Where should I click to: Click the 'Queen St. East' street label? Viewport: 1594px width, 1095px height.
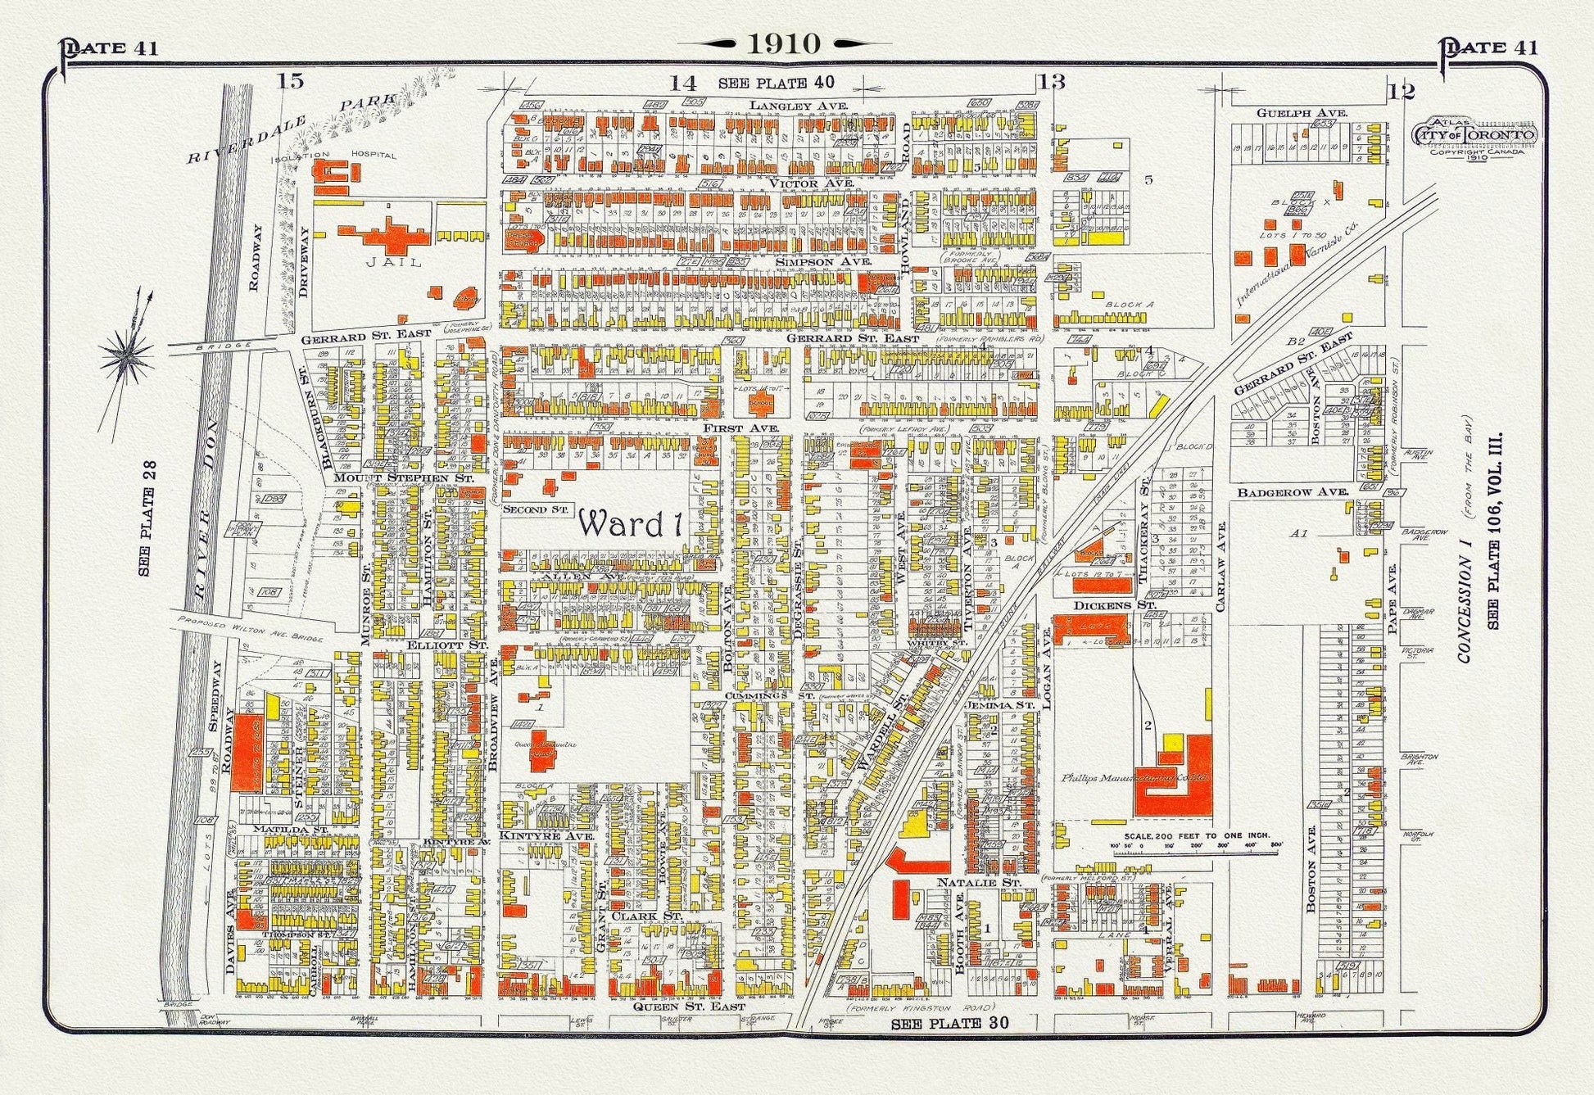click(690, 1006)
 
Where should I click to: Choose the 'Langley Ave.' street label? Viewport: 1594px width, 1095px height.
click(799, 106)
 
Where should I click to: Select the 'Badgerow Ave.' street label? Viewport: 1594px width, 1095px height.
click(1293, 492)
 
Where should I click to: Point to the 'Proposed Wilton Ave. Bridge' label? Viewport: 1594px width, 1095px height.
click(250, 627)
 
